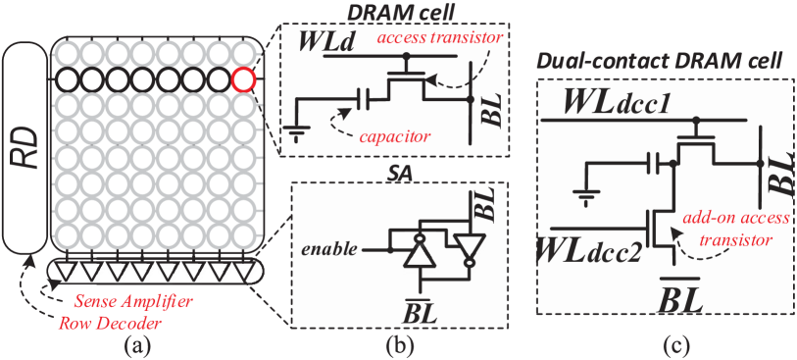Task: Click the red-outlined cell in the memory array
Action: (243, 78)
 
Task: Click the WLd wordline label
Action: (319, 44)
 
